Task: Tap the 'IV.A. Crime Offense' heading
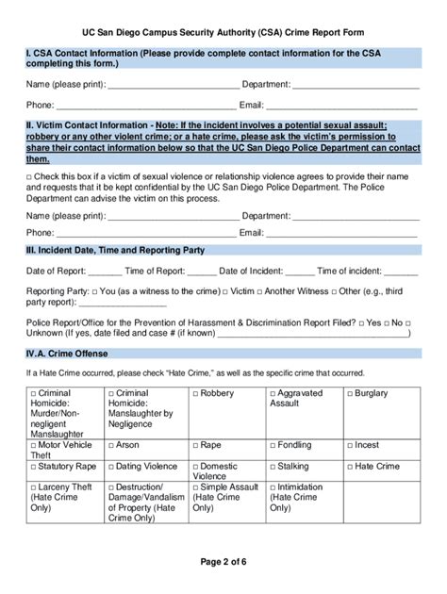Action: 67,354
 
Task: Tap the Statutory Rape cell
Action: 64,466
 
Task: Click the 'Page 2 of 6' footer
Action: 223,563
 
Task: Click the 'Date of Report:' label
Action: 55,272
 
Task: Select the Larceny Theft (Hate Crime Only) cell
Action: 63,497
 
